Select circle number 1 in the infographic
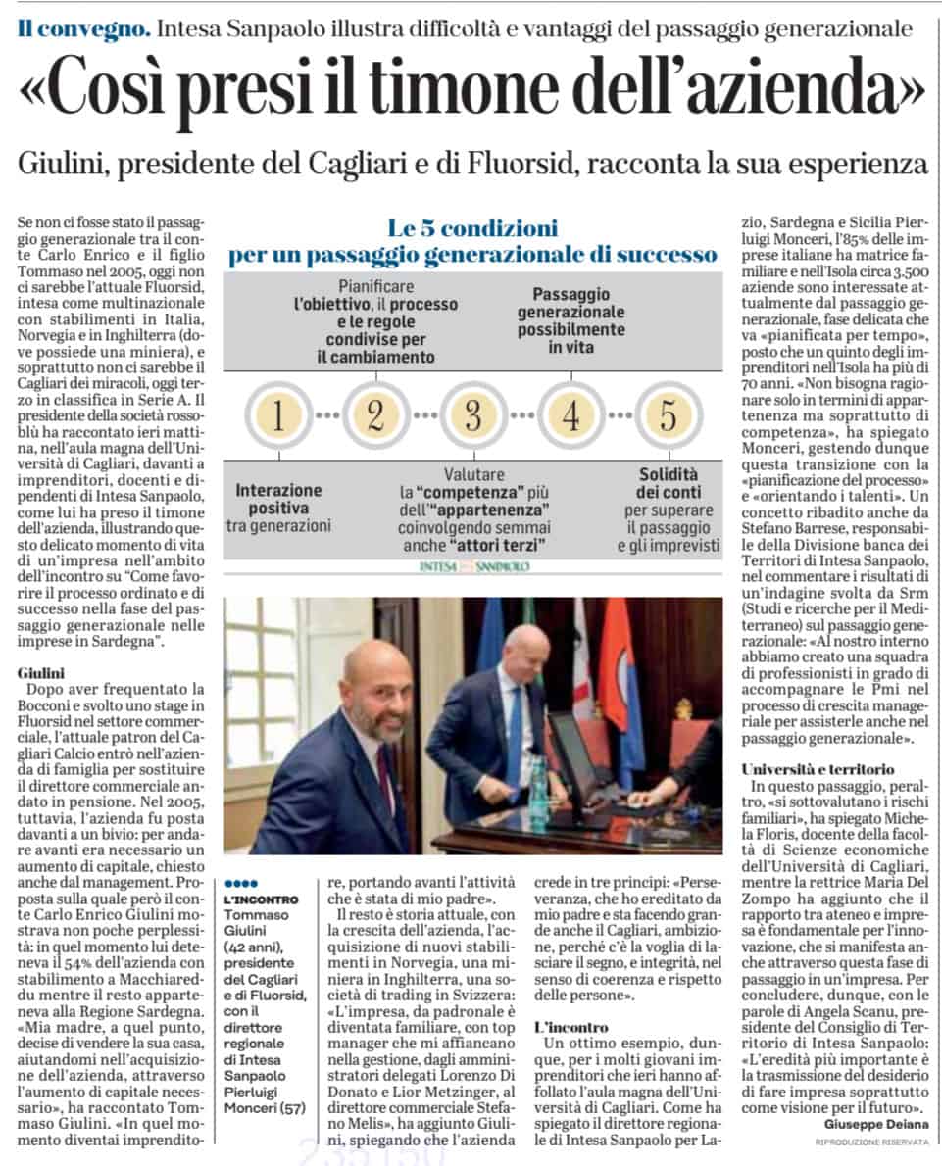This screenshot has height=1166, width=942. pos(277,415)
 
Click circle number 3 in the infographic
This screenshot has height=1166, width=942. pos(472,415)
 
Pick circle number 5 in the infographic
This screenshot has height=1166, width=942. pos(668,415)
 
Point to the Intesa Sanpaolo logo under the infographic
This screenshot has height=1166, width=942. pos(473,566)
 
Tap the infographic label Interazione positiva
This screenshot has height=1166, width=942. pos(278,498)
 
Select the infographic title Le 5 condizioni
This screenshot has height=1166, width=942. pos(472,230)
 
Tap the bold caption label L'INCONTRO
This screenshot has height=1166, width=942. pos(257,899)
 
